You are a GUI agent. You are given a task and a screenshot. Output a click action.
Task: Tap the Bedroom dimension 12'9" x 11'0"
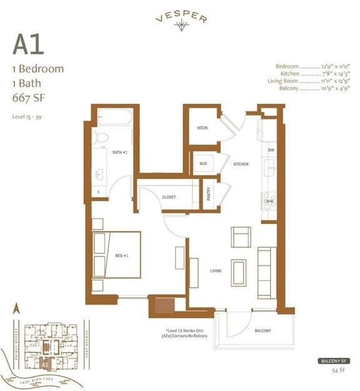(309, 66)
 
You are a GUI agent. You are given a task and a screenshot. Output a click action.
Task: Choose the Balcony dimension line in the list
(309, 89)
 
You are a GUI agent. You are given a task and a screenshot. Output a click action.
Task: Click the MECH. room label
(203, 128)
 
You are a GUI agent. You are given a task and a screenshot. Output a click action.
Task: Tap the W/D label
(203, 165)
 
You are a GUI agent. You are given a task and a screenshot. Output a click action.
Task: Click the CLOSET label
(168, 197)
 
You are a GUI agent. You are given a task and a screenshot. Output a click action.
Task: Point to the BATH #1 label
(120, 152)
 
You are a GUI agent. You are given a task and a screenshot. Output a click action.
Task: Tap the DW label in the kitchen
(271, 151)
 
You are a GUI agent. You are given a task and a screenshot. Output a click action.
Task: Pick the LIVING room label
(216, 271)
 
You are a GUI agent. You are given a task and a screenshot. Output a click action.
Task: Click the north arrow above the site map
(17, 308)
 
